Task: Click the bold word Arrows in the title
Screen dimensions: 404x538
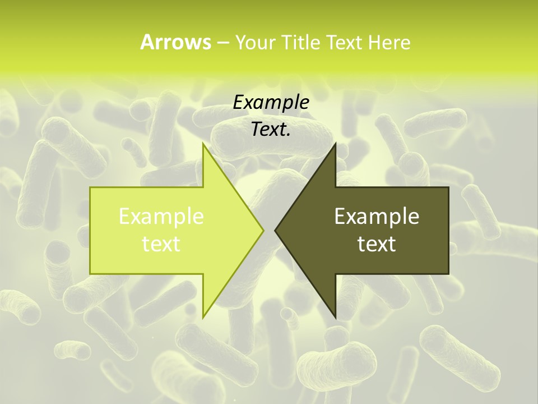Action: (175, 42)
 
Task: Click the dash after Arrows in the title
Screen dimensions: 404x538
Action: (222, 43)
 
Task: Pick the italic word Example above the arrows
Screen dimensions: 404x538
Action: (271, 103)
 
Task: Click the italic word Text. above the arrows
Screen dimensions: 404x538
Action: (271, 130)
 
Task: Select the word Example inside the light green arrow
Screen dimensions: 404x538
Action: (161, 217)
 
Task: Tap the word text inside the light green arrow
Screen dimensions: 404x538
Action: (161, 244)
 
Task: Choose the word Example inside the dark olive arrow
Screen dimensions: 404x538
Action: (377, 217)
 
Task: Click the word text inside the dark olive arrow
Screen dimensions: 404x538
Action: (377, 244)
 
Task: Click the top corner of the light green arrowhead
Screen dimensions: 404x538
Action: (203, 144)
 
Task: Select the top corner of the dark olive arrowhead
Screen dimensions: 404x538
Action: (336, 144)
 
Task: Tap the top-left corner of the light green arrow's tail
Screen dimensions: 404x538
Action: (91, 188)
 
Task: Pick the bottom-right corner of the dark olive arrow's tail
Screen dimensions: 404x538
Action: (448, 273)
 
